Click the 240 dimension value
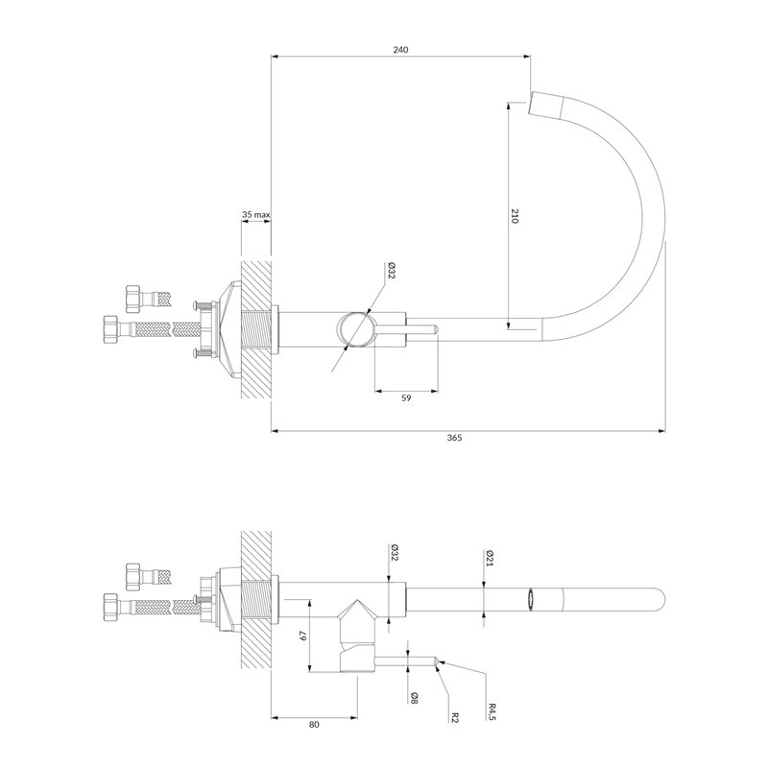[400, 50]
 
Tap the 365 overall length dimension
[454, 438]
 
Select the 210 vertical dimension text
[514, 216]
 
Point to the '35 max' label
[255, 214]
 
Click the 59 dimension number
[406, 398]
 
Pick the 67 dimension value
[302, 636]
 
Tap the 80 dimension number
[314, 725]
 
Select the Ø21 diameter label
[490, 558]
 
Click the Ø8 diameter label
[414, 698]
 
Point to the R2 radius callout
[455, 717]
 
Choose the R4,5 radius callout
[492, 711]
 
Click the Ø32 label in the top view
[391, 271]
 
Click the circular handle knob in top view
[356, 329]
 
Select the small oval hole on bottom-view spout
[531, 600]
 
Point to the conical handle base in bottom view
[357, 612]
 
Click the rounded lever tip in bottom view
[435, 661]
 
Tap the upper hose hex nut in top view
[132, 299]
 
